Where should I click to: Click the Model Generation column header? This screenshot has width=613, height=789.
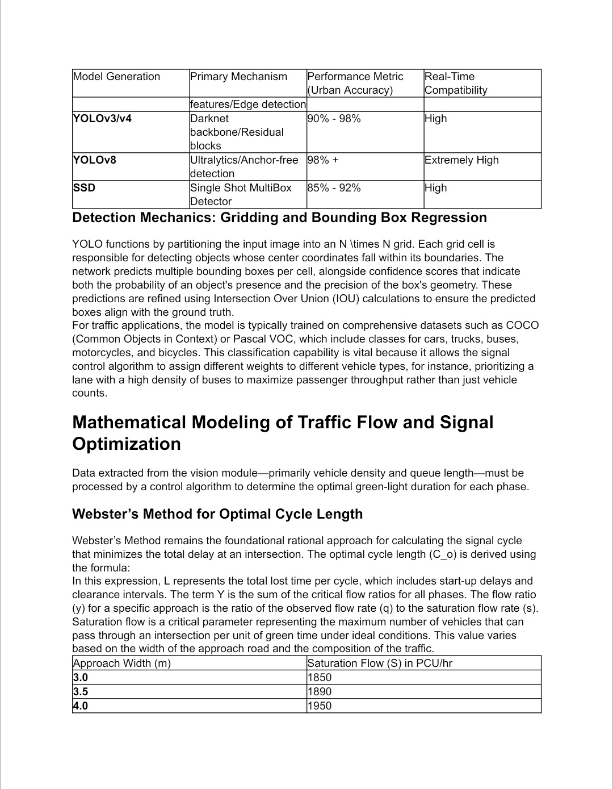coord(116,77)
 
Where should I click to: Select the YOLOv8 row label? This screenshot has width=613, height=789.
coord(94,160)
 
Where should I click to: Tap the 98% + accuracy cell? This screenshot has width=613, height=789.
coord(322,160)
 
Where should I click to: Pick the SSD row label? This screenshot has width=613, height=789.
coord(84,188)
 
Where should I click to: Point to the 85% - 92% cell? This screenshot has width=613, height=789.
coord(334,188)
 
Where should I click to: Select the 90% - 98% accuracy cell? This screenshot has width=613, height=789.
coord(334,119)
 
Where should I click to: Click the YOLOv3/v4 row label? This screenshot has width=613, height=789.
coord(102,119)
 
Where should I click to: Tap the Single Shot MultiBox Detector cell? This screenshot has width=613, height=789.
coord(241,194)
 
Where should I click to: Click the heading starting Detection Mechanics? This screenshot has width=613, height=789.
coord(279,218)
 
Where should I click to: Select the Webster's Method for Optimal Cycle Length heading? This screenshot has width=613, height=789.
coord(217,514)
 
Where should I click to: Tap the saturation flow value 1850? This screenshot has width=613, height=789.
coord(319,678)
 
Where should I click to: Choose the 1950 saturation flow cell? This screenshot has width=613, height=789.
coord(319,706)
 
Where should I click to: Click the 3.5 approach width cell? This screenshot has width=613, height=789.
coord(81,692)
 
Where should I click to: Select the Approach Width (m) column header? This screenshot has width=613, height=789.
coord(121,663)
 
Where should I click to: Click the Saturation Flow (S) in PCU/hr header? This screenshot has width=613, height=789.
coord(379,663)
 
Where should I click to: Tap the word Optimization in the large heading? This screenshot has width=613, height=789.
coord(127,444)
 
